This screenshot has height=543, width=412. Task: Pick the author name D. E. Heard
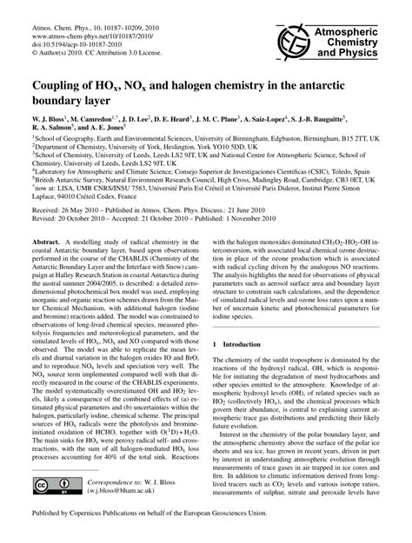(189, 127)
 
